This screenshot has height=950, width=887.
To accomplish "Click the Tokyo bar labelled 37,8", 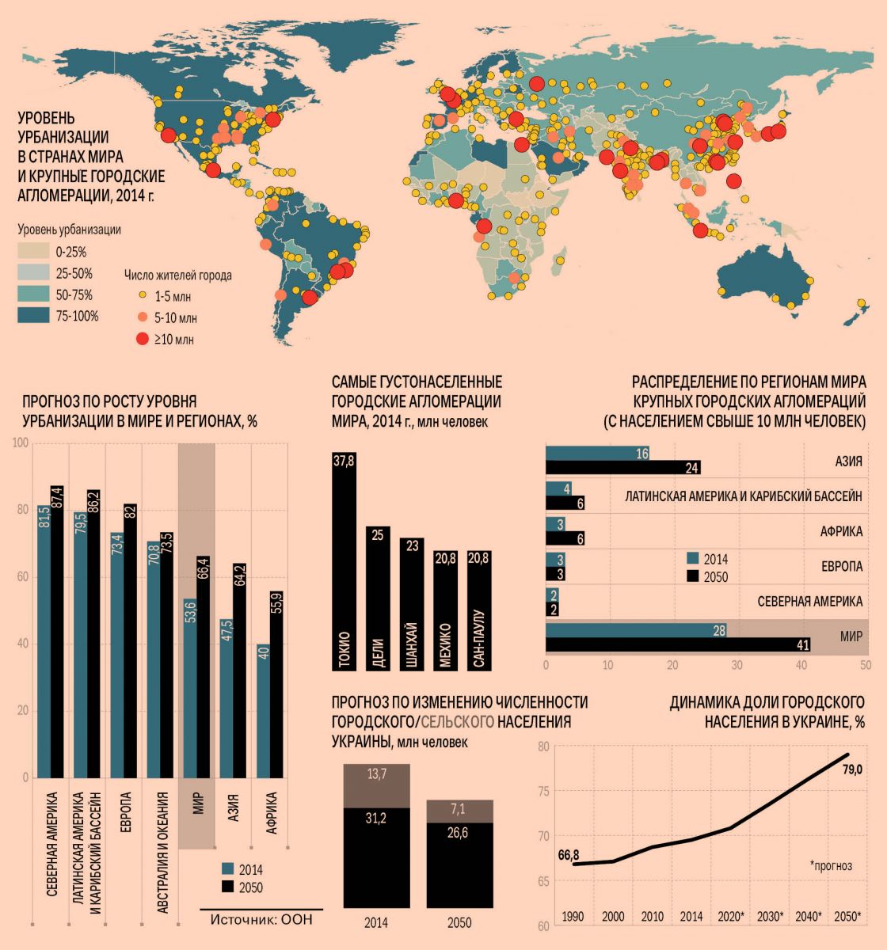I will tap(344, 562).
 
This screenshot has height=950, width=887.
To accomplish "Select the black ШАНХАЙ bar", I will tap(412, 606).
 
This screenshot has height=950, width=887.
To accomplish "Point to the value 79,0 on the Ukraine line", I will tap(851, 769).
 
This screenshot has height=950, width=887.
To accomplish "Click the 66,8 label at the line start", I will tap(569, 855).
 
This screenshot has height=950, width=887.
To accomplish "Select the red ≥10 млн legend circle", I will tap(142, 340).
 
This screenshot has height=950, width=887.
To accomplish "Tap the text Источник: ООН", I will tap(261, 920).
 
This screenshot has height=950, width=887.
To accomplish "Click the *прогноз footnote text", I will tap(831, 866).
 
